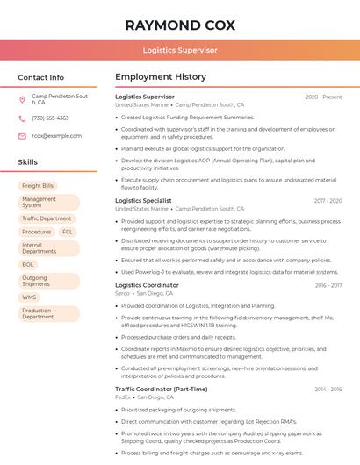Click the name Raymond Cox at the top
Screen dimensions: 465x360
click(x=179, y=25)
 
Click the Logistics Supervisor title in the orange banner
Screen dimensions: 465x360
click(x=179, y=50)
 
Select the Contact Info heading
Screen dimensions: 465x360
click(x=41, y=77)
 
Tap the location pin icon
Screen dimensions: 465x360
click(x=22, y=99)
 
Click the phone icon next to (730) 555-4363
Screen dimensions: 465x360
click(x=22, y=118)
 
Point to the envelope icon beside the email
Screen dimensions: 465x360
click(x=22, y=136)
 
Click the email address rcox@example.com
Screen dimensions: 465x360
click(x=50, y=136)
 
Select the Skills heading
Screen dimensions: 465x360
click(x=28, y=162)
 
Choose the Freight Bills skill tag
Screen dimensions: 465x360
click(x=38, y=186)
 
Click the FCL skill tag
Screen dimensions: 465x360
click(x=68, y=232)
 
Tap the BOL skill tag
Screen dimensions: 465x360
click(x=28, y=264)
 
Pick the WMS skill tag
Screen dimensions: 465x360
click(x=30, y=297)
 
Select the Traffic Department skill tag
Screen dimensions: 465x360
click(x=47, y=218)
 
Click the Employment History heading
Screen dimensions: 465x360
click(x=160, y=77)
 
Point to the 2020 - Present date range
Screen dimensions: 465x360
click(x=323, y=97)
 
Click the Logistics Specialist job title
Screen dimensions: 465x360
click(x=143, y=201)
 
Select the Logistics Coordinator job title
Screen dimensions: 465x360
click(x=147, y=285)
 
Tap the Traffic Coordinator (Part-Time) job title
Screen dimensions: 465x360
click(x=161, y=389)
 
